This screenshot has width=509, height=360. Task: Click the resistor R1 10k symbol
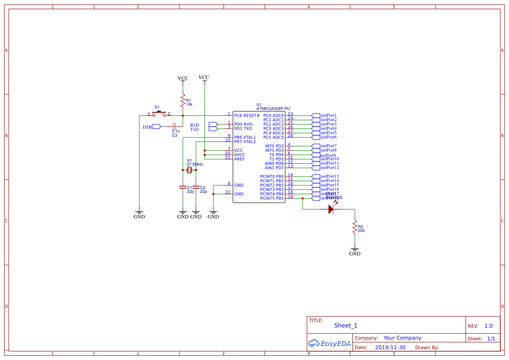point(183,101)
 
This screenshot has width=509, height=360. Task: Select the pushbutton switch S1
point(159,114)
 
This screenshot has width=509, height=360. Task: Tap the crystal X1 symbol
point(189,170)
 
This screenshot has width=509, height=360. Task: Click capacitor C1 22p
point(183,187)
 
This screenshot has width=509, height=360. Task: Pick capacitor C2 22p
point(196,187)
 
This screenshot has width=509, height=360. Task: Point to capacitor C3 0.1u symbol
point(174,126)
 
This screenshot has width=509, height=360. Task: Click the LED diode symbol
point(331,209)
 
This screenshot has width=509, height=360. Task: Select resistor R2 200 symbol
point(355,228)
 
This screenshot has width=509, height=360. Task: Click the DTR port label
point(148,127)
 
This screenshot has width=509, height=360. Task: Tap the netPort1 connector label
point(328,115)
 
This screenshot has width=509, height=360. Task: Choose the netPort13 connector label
point(330,176)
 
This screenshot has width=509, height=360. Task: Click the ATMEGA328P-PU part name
point(273,108)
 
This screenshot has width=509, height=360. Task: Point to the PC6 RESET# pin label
point(246,115)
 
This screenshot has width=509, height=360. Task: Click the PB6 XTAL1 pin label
point(245,137)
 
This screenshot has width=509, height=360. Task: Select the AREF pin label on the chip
point(239,159)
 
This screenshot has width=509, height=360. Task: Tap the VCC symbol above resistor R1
point(183,78)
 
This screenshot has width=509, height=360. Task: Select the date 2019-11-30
point(390,347)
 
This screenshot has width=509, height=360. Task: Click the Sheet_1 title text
point(346,326)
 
